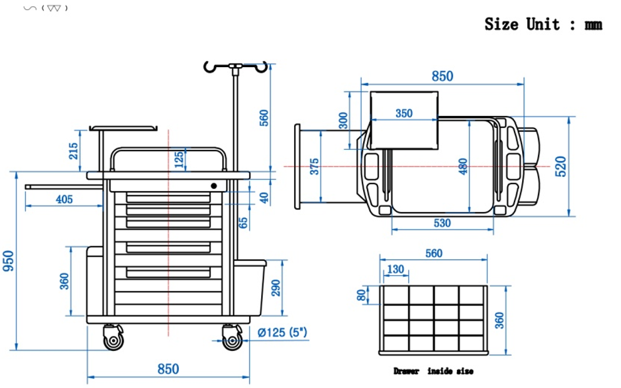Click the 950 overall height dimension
9,261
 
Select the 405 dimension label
64,199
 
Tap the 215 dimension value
74,151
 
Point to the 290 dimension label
276,288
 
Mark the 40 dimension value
264,197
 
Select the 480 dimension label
463,166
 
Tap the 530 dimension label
441,223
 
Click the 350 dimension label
404,113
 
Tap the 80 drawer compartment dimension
361,295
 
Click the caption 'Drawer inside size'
433,371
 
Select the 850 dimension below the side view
168,369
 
